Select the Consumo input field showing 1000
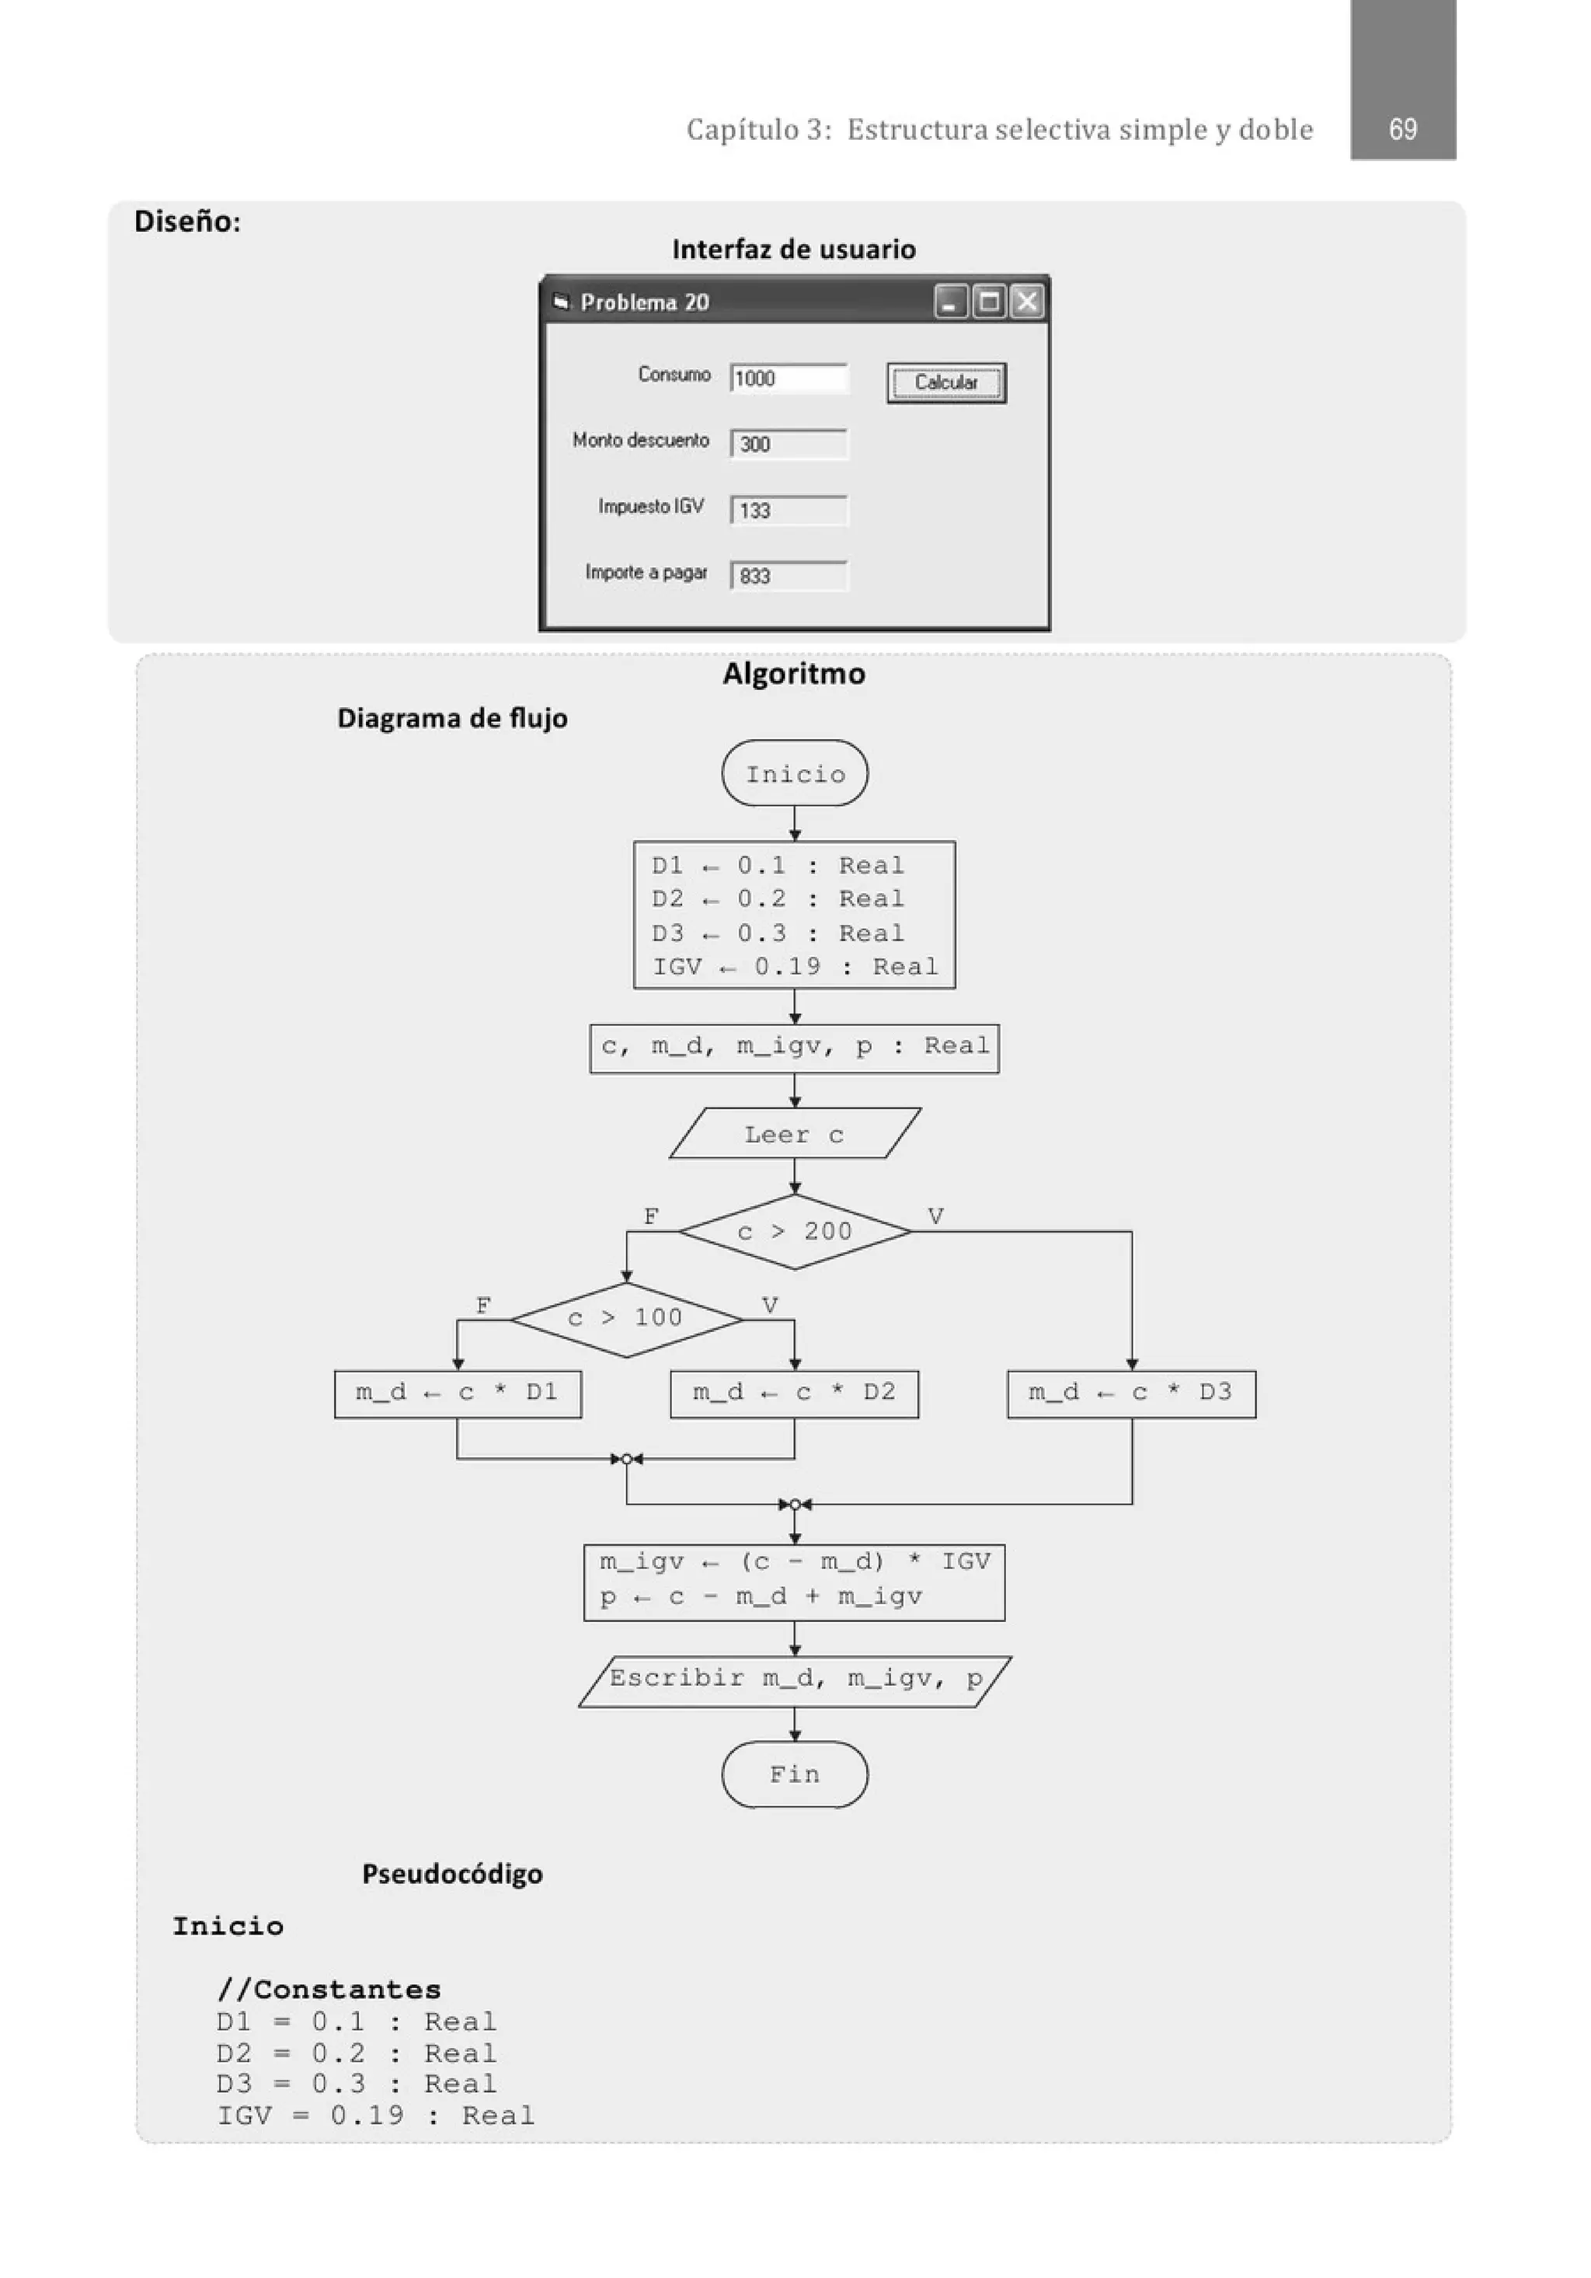tap(789, 378)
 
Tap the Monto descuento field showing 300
tap(789, 445)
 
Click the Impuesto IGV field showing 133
tap(789, 510)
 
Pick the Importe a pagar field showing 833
tap(789, 575)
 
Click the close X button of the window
tap(1026, 302)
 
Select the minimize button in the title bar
tap(950, 302)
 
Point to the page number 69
tap(1401, 129)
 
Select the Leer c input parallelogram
tap(795, 1134)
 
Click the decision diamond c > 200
tap(795, 1231)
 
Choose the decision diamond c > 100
tap(626, 1319)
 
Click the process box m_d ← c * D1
tap(458, 1393)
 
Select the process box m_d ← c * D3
tap(1131, 1393)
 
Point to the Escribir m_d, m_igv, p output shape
tap(795, 1679)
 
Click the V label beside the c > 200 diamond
tap(935, 1216)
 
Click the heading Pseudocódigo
tap(452, 1874)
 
